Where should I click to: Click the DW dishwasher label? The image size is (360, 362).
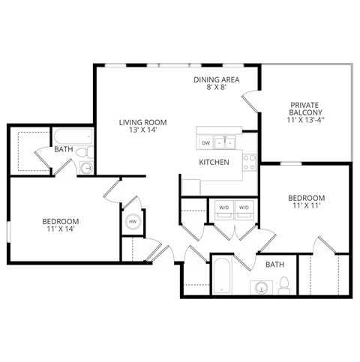205,142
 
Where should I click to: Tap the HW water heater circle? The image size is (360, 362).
133,222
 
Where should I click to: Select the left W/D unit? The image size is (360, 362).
223,208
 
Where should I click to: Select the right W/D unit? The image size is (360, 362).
244,208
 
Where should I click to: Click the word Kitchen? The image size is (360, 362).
214,162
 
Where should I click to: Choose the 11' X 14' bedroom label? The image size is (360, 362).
61,226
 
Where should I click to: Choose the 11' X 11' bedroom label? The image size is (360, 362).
306,203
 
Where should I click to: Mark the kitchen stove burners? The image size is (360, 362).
250,163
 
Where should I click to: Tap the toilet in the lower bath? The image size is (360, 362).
284,286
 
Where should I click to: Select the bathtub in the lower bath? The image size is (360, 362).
220,277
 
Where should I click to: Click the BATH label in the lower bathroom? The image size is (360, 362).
275,265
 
